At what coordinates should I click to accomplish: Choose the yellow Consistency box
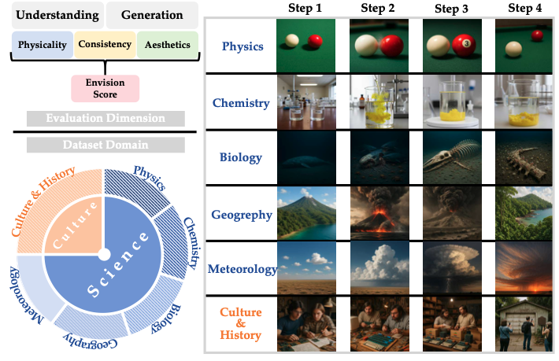click(105, 45)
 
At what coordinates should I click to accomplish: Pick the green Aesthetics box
click(166, 45)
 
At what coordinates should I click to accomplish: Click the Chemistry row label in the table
click(241, 103)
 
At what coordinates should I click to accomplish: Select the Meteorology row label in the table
click(241, 270)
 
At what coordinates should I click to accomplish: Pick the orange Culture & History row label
click(241, 324)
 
